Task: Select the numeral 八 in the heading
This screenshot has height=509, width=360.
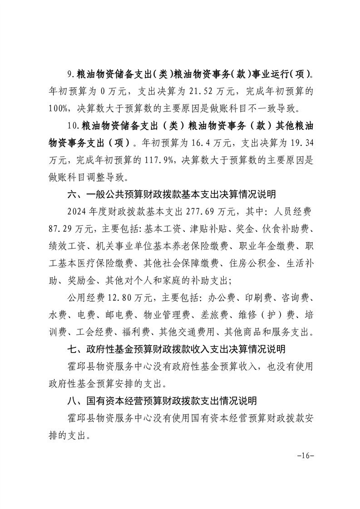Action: click(72, 401)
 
